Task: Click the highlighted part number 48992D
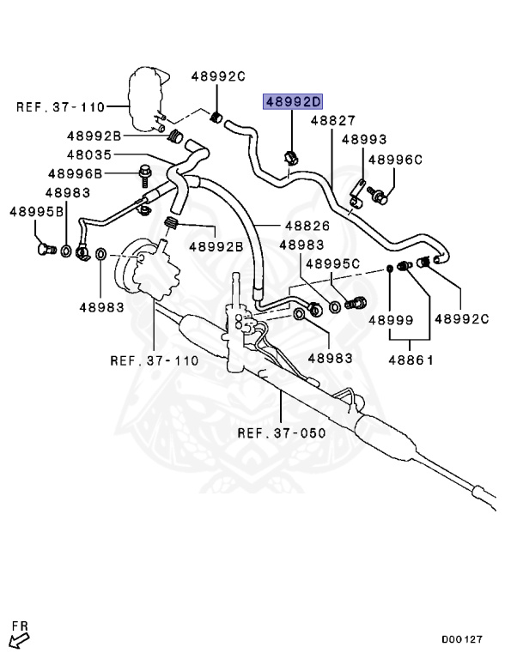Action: (293, 102)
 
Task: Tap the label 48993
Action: (363, 139)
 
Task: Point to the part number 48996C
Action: (396, 159)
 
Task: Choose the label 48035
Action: (90, 154)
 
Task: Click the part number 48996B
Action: (75, 173)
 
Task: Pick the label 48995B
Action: (38, 211)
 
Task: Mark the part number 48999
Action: (391, 319)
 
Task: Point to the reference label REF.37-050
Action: (282, 432)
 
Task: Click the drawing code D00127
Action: (462, 640)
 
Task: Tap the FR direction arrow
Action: (17, 638)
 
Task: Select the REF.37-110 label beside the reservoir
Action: (59, 107)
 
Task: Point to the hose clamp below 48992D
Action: (289, 157)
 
